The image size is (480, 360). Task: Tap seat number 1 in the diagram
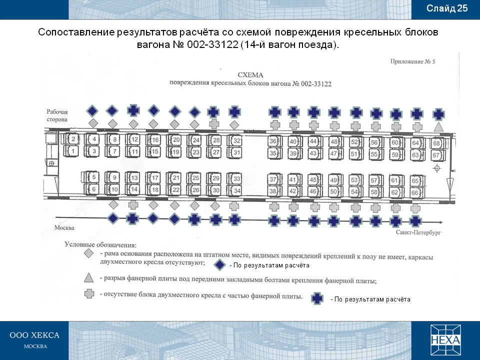pyautogui.click(x=72, y=151)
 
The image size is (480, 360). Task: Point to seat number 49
pyautogui.click(x=334, y=180)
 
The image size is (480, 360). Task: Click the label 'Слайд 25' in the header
pyautogui.click(x=447, y=8)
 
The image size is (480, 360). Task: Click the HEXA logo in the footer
pyautogui.click(x=445, y=340)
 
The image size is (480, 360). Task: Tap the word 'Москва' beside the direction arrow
pyautogui.click(x=64, y=228)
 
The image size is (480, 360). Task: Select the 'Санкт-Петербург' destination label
pyautogui.click(x=418, y=232)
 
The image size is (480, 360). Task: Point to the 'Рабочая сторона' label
pyautogui.click(x=57, y=115)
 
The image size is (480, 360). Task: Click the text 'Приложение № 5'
pyautogui.click(x=412, y=61)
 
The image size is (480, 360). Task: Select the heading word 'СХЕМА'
pyautogui.click(x=250, y=75)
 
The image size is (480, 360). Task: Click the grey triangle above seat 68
pyautogui.click(x=438, y=126)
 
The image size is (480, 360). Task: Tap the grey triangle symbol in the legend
pyautogui.click(x=89, y=278)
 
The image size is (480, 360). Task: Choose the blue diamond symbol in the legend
pyautogui.click(x=219, y=265)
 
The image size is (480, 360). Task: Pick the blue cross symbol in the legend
pyautogui.click(x=317, y=298)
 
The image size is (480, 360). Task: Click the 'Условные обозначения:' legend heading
pyautogui.click(x=100, y=245)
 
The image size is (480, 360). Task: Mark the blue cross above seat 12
pyautogui.click(x=133, y=110)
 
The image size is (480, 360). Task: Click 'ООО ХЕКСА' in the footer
pyautogui.click(x=34, y=335)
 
